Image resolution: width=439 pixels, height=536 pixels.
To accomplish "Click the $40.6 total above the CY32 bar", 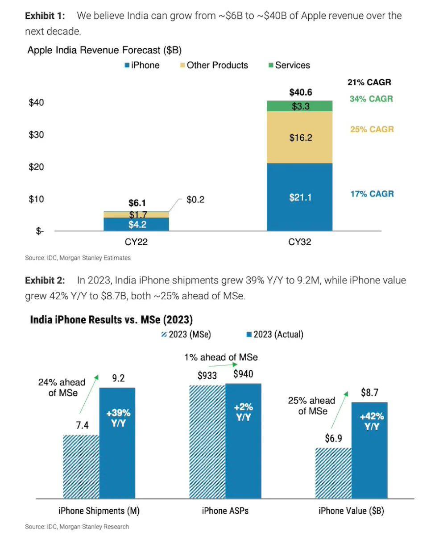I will tap(300, 93).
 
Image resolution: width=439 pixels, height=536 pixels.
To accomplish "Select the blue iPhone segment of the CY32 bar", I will tap(300, 197).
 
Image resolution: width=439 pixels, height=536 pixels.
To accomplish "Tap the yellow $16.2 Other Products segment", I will tap(300, 137).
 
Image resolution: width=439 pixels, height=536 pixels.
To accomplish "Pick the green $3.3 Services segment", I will tap(300, 106).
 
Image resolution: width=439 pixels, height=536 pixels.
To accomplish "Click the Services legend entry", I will tap(289, 65).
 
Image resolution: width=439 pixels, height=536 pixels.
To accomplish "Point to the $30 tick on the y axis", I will tap(37, 134).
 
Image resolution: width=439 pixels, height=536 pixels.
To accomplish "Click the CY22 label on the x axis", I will tap(136, 243).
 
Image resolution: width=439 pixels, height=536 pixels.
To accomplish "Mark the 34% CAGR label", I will tap(371, 99).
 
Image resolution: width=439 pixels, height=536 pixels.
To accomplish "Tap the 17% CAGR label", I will tap(372, 194).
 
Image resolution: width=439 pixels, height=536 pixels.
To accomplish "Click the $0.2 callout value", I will tap(195, 200).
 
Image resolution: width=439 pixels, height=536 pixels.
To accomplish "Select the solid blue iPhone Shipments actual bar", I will tap(117, 442).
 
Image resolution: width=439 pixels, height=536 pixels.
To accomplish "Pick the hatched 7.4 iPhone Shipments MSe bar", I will tap(81, 466).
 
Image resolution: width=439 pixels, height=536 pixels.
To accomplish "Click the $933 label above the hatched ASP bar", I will tap(207, 376).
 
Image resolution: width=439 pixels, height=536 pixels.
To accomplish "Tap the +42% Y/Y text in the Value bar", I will tap(372, 421).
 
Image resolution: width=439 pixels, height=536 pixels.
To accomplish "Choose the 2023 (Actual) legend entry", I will tap(274, 334).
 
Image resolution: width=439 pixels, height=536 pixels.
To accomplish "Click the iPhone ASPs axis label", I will tap(225, 511).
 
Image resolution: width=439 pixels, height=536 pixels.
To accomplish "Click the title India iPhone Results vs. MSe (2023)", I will tap(111, 319).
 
